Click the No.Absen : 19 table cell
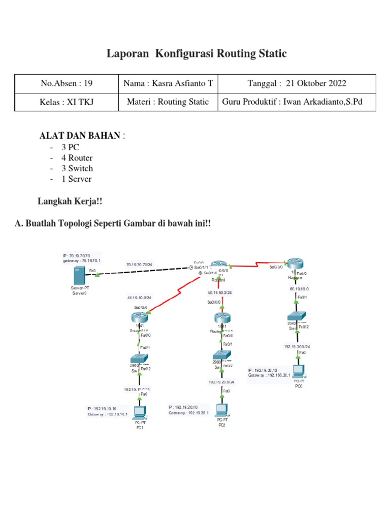tap(66, 84)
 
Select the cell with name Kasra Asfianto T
tap(168, 84)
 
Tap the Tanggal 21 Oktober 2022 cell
tap(297, 84)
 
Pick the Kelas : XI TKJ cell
tap(66, 102)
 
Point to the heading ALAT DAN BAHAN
tap(80, 136)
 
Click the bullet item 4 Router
tap(77, 158)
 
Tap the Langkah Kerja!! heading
tap(70, 202)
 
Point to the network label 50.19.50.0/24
tap(220, 292)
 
